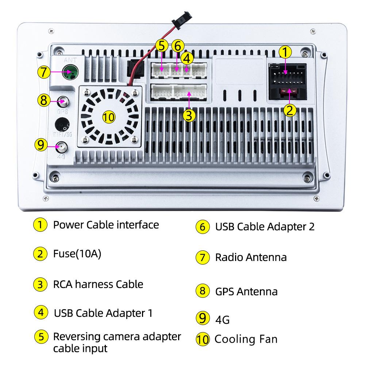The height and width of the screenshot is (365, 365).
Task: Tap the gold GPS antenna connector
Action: (x=63, y=101)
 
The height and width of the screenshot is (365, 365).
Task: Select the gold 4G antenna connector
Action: (x=62, y=147)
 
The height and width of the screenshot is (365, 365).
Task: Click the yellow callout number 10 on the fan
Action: (x=109, y=117)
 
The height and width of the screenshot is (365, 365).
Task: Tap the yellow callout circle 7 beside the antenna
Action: (x=44, y=72)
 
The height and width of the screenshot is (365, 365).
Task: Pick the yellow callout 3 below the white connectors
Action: (x=189, y=116)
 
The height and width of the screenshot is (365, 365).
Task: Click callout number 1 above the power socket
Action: (x=285, y=52)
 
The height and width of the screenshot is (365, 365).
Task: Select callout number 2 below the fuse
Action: (x=290, y=111)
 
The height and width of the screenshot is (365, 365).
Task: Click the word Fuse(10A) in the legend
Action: (x=77, y=254)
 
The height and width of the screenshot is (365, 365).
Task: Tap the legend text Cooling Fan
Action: (x=246, y=339)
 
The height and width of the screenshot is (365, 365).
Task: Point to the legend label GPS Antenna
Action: (x=246, y=291)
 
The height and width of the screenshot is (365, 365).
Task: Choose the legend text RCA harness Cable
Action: (x=98, y=284)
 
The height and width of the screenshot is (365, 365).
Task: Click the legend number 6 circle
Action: (x=203, y=227)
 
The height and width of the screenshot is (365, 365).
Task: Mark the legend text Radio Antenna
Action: (x=251, y=257)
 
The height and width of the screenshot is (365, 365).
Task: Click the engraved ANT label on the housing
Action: (x=70, y=60)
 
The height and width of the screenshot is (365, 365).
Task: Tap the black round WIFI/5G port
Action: (x=62, y=124)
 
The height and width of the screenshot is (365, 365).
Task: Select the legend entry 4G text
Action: (x=222, y=320)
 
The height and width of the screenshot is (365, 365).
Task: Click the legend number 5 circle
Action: (x=41, y=337)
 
